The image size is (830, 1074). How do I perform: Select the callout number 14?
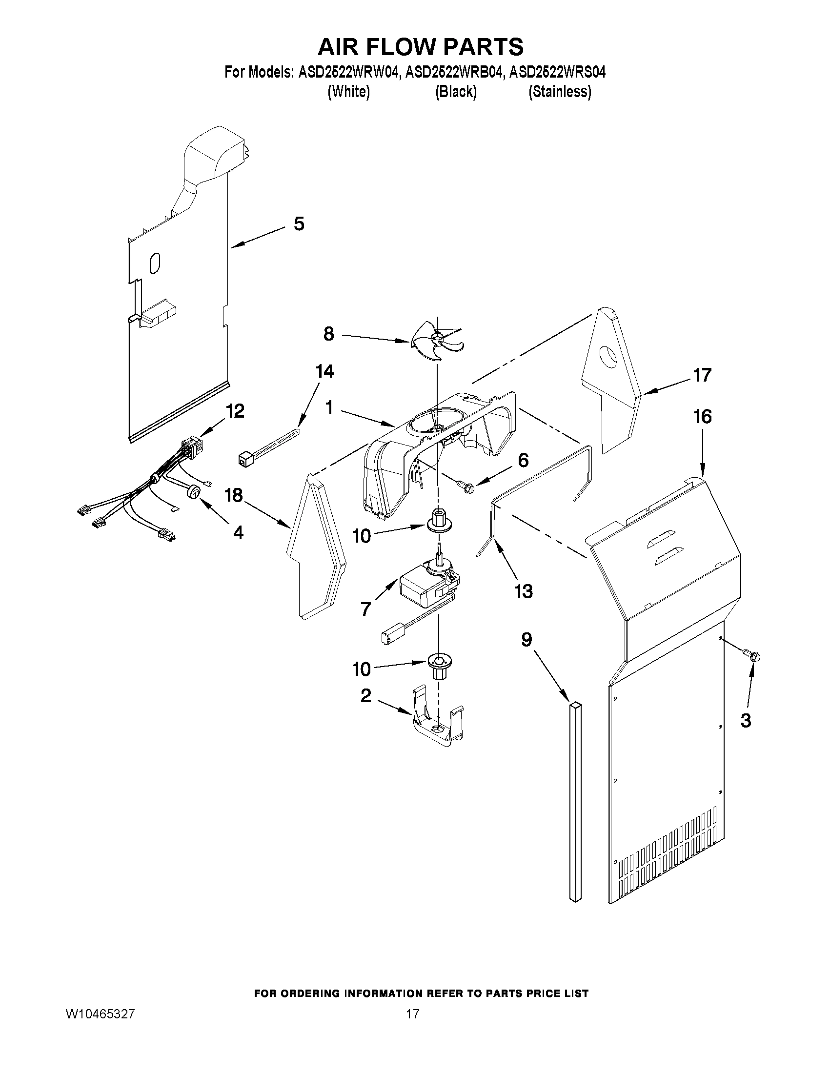pos(324,371)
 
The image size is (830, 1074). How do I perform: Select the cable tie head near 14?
pos(245,460)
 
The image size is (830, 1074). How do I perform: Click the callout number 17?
pos(702,375)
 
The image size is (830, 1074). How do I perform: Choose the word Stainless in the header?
pos(560,91)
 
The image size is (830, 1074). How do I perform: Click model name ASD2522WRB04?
pos(454,72)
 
